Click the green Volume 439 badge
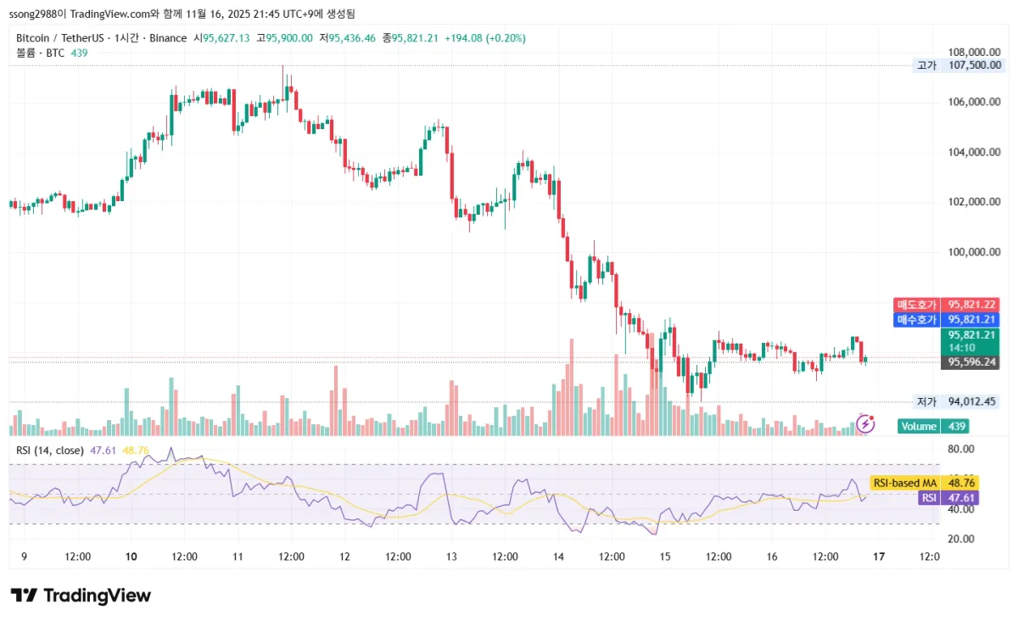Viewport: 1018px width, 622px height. point(932,426)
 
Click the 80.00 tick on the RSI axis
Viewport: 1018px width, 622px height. point(961,449)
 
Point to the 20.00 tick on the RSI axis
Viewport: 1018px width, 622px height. point(961,539)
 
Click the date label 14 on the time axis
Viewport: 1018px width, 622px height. point(558,557)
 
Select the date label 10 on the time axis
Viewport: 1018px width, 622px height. point(131,557)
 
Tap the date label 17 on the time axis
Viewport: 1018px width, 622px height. point(879,557)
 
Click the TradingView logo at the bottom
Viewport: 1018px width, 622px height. point(81,596)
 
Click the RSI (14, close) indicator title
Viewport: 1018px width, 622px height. point(50,450)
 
